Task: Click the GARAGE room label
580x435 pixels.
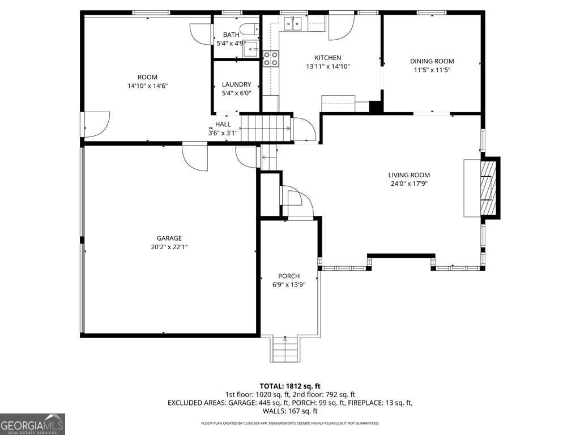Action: point(169,238)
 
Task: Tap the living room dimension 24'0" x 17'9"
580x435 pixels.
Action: point(408,184)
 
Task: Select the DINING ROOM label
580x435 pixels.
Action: point(432,61)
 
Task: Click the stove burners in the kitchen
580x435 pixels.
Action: point(270,58)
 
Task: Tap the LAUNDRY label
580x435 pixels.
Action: point(236,84)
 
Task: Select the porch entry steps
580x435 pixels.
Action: point(285,349)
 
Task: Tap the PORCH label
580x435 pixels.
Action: point(288,276)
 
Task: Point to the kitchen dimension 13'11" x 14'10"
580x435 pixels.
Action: point(327,66)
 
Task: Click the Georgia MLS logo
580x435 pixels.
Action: point(33,424)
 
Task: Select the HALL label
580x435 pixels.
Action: point(223,125)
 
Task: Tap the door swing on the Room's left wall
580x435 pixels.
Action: point(96,124)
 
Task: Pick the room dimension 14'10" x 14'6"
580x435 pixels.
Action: point(147,86)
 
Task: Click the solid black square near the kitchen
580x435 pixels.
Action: point(376,107)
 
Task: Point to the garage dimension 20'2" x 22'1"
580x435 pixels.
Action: point(169,246)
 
